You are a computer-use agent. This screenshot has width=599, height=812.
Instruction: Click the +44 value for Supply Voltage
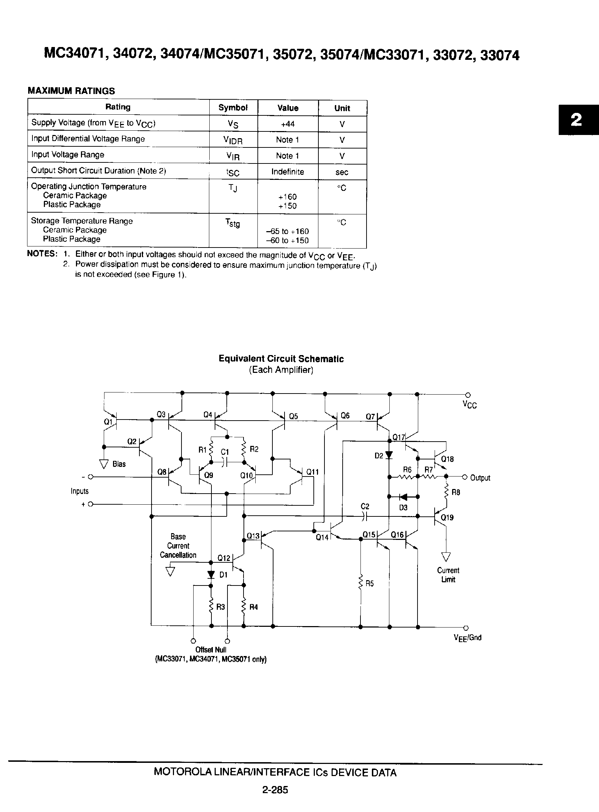287,124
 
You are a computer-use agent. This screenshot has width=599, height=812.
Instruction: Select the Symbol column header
233,108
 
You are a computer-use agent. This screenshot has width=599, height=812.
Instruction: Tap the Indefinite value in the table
287,172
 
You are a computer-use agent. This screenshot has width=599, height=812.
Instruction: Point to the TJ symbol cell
233,188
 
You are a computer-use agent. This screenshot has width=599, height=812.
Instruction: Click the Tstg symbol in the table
232,223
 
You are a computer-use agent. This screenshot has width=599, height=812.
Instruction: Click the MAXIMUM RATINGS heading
71,91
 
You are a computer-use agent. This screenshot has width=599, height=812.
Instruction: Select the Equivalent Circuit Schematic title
281,359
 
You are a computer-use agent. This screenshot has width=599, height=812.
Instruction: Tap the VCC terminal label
470,405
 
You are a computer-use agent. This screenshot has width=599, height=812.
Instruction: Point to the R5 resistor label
369,583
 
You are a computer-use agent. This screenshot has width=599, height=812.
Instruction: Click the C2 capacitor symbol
365,517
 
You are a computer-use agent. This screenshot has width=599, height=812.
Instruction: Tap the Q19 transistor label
447,517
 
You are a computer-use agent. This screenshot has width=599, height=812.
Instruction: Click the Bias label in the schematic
119,464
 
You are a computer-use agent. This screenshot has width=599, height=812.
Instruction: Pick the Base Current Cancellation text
178,546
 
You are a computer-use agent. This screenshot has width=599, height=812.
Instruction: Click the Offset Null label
211,650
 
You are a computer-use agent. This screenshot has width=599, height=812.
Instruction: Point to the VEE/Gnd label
467,637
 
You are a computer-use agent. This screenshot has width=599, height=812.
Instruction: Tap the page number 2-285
275,790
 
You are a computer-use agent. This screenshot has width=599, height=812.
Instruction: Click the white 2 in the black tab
576,120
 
